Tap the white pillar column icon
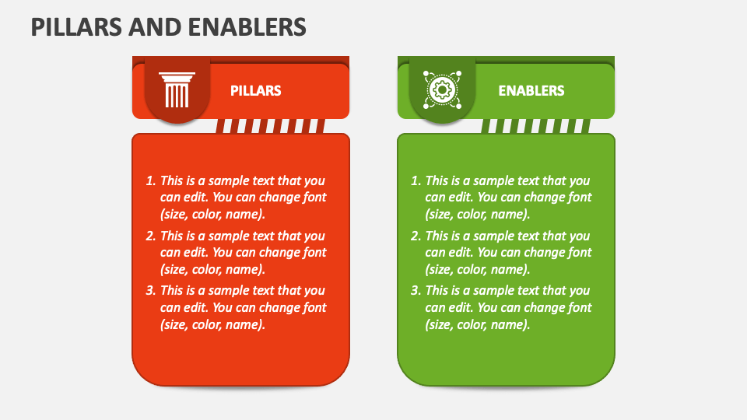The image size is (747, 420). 177,90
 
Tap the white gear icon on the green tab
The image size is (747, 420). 442,90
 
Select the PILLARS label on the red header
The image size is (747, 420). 255,91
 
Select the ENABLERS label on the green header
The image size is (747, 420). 531,91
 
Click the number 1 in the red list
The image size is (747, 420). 150,180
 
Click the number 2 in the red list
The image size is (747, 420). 150,236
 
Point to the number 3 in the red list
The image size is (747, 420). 150,290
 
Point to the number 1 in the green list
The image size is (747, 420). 416,180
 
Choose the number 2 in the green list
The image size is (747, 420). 416,236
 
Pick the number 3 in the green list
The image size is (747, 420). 416,290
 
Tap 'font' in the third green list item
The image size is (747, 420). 578,307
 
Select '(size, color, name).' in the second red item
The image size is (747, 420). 212,269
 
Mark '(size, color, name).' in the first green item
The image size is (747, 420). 478,215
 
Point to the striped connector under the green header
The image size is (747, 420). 535,126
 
